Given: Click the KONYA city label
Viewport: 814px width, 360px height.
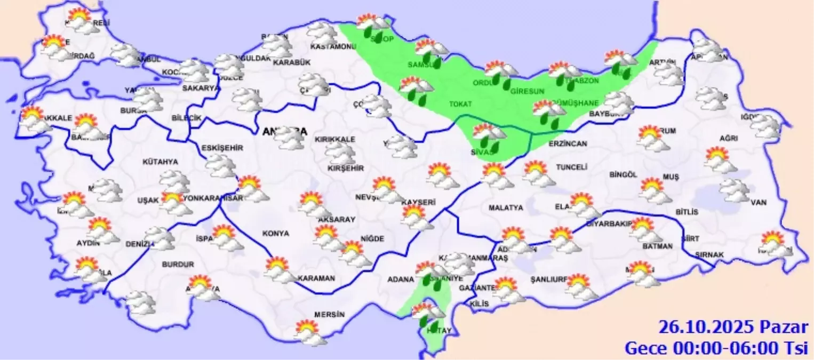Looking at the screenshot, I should (x=276, y=233).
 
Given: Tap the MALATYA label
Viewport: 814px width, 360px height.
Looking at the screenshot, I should (x=506, y=208).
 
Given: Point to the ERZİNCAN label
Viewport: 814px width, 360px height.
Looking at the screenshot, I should (x=568, y=144).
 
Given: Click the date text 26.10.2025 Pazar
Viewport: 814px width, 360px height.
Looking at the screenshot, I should (x=733, y=327).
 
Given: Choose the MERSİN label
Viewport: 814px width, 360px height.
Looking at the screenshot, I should (x=329, y=315).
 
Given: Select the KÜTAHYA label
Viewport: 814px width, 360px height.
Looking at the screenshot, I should (x=160, y=162).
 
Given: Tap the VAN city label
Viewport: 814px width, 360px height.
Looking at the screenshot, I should (x=758, y=203).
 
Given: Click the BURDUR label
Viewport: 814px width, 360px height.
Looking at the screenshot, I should (x=178, y=264).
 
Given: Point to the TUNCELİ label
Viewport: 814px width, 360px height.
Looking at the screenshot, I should (x=572, y=167).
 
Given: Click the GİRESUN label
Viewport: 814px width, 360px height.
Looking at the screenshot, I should (x=527, y=91).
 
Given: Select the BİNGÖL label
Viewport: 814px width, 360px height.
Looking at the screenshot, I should (x=624, y=174).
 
